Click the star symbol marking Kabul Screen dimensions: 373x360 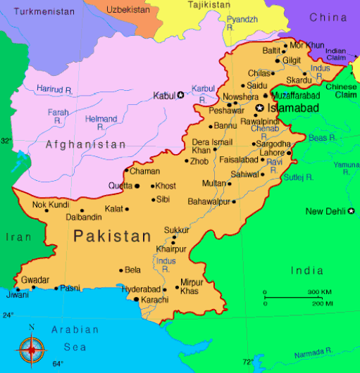(180, 95)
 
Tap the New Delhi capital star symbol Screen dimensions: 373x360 (351, 211)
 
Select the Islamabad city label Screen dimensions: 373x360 (292, 108)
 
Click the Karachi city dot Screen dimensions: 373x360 (136, 300)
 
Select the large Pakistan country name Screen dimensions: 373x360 (113, 236)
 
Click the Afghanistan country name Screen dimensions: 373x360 (85, 144)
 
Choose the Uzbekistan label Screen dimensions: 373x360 (128, 9)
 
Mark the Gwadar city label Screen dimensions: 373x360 (35, 279)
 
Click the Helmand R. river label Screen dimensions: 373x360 (101, 123)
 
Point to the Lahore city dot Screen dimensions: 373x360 (289, 153)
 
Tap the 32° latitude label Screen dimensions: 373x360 (6, 141)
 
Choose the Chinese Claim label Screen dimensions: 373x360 (340, 91)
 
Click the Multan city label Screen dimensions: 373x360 (214, 183)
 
